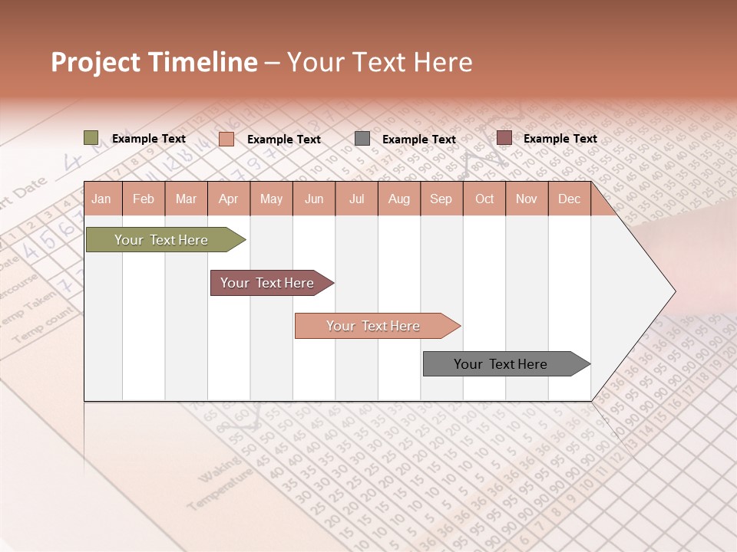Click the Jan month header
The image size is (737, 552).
click(101, 199)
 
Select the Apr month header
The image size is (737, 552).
click(229, 199)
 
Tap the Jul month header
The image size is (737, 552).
click(356, 199)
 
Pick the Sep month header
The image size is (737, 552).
click(441, 199)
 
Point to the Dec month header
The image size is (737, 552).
click(569, 199)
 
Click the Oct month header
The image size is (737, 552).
click(484, 199)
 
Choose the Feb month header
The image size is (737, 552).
click(144, 199)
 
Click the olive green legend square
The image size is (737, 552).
click(91, 138)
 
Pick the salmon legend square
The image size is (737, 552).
click(226, 139)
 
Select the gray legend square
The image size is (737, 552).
click(362, 138)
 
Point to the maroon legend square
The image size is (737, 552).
click(504, 138)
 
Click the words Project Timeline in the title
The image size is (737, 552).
click(154, 62)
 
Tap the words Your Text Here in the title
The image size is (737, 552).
click(379, 62)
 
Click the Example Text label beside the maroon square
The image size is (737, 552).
click(560, 138)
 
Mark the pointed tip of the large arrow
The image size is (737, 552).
click(673, 291)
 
